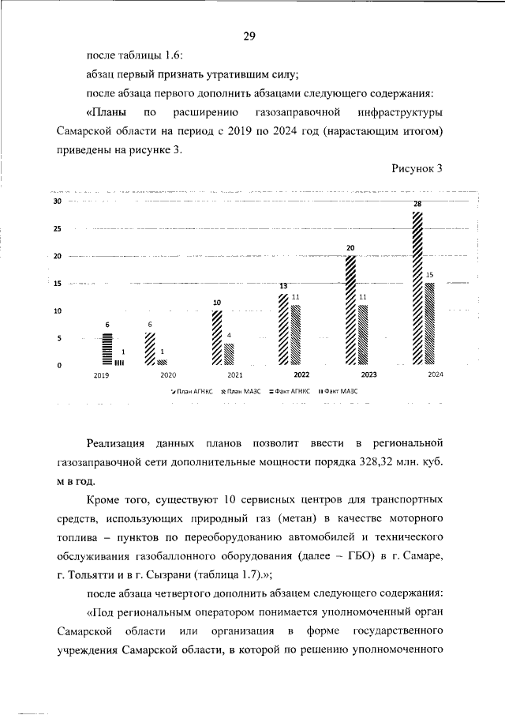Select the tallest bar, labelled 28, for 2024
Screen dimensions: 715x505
pos(417,288)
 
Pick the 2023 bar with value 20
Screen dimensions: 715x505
pos(350,310)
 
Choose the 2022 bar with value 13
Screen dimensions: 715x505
pos(283,329)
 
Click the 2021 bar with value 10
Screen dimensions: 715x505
pos(216,337)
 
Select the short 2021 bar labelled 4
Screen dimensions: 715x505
pos(229,353)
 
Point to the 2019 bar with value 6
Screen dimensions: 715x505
pos(107,348)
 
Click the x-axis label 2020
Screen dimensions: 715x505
pos(167,375)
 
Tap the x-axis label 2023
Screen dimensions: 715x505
pos(368,375)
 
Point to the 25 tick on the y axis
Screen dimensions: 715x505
pos(57,230)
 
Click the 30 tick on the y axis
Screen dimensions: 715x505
pos(57,202)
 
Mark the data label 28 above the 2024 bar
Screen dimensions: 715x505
pos(417,205)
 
